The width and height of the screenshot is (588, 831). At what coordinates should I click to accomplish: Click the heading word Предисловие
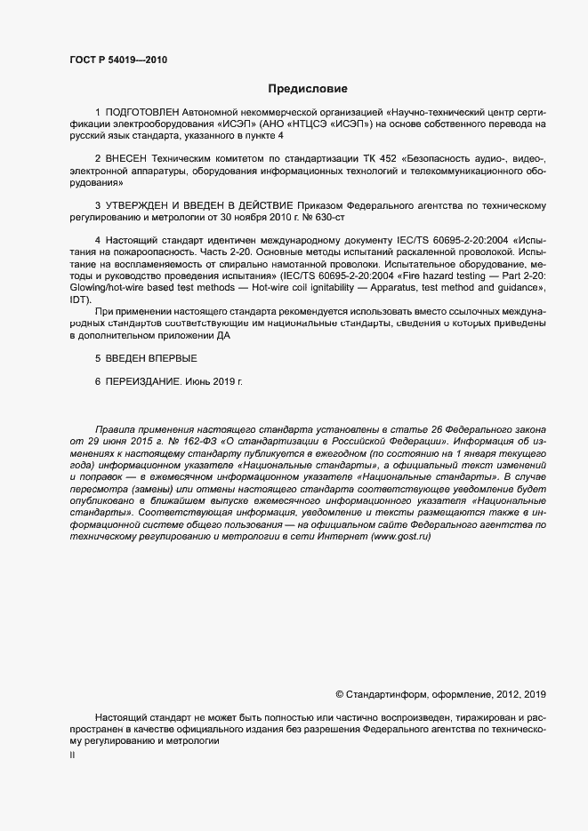(308, 89)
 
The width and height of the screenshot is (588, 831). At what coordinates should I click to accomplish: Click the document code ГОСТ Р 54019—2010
(117, 60)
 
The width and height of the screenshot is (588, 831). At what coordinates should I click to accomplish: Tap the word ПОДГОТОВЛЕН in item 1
(142, 113)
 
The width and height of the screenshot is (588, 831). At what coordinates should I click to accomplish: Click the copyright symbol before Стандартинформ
(339, 693)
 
